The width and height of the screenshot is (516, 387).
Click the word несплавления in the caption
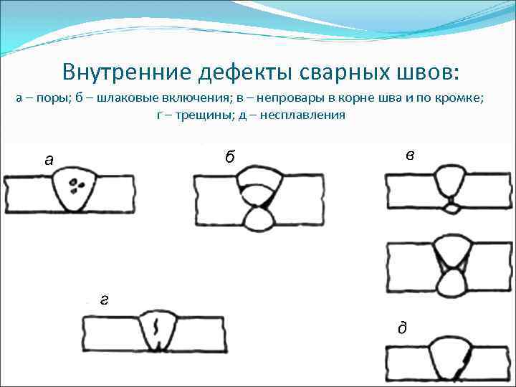point(306,115)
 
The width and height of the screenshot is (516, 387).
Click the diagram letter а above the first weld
point(48,160)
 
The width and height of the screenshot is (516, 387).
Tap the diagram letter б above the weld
point(229,157)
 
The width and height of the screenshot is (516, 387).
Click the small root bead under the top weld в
point(451,208)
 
